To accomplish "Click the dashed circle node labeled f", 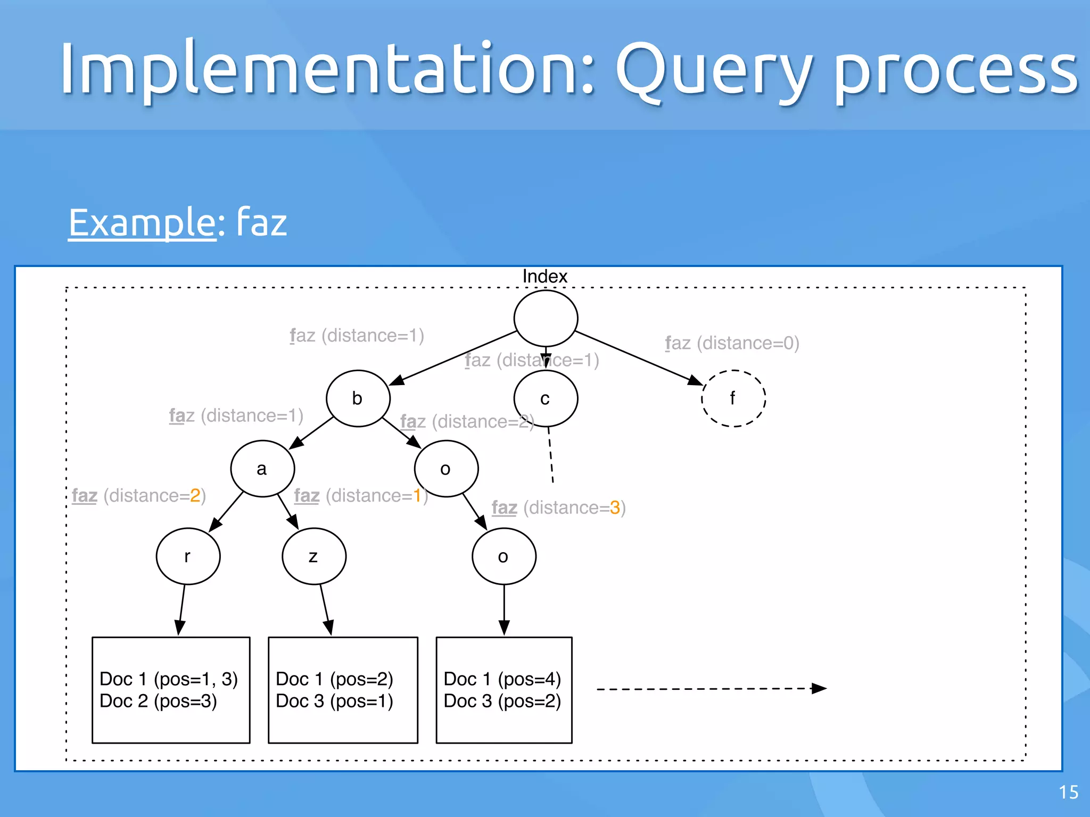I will tap(733, 398).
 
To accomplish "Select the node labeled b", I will tap(358, 398).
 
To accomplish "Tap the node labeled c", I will tap(546, 398).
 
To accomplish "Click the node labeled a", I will tap(262, 469).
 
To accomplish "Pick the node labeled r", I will tap(188, 556).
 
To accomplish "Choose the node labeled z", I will tap(313, 556).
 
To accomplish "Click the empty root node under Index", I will tap(546, 318).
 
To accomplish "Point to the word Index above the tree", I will tap(544, 277).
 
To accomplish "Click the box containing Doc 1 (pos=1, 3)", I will tap(171, 690).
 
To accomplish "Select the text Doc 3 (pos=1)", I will tap(334, 701).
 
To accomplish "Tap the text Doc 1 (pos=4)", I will tap(502, 679).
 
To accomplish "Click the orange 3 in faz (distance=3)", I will tap(615, 508).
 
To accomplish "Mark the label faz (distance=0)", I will tap(732, 343).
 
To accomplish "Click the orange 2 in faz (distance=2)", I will tap(195, 496).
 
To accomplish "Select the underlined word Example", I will tap(142, 222).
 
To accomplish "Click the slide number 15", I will tap(1068, 793).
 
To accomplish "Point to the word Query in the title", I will tap(714, 72).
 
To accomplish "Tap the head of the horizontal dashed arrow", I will tap(820, 689).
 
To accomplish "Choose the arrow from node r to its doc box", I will tap(182, 609).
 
